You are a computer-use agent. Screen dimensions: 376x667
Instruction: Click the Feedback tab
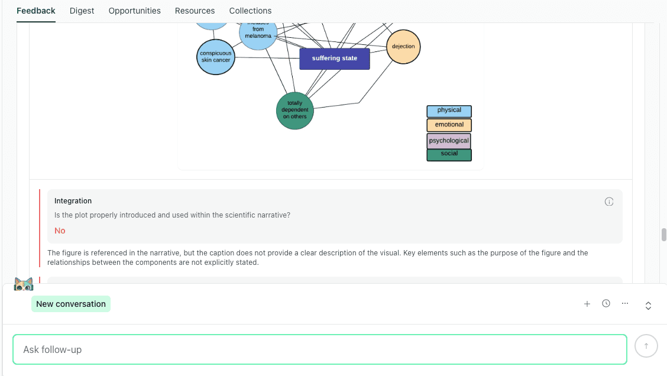click(36, 11)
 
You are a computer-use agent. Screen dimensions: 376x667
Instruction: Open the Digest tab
click(82, 11)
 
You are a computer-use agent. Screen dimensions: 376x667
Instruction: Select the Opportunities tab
click(134, 11)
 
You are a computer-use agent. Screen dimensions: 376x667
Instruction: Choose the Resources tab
click(195, 11)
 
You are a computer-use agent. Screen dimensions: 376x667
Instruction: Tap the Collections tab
click(250, 11)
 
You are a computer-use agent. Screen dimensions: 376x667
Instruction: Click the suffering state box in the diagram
click(334, 59)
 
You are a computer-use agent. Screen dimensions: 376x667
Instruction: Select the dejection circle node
click(403, 47)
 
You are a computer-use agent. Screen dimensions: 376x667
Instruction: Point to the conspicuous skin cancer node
click(215, 57)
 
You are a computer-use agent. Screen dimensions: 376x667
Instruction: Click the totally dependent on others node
click(294, 111)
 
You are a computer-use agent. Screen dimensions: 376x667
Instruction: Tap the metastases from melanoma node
click(258, 32)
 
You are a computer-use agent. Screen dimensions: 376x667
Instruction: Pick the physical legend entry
click(449, 111)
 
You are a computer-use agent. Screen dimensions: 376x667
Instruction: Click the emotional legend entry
click(449, 125)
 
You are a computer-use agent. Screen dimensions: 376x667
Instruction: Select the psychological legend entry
click(449, 141)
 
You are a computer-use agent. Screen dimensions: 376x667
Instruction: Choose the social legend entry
click(449, 154)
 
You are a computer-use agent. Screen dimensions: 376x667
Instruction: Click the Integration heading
click(73, 201)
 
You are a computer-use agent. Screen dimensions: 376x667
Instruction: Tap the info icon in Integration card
click(609, 202)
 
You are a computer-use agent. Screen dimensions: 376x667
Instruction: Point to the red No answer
click(60, 231)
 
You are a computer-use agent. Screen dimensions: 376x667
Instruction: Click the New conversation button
click(71, 304)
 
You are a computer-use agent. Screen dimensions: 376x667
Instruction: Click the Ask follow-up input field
click(319, 349)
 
